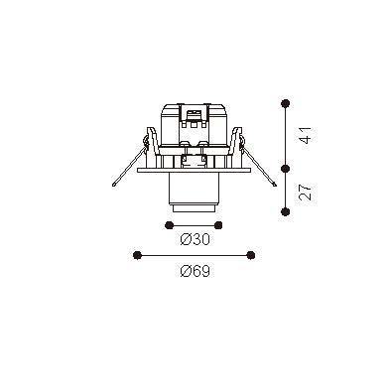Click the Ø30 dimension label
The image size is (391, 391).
click(x=195, y=239)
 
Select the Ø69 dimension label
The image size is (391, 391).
click(x=195, y=271)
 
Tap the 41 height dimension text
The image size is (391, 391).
click(x=305, y=135)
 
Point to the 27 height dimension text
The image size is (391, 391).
click(x=305, y=192)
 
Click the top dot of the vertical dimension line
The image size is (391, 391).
click(x=285, y=103)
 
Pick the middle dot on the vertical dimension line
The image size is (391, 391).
click(x=285, y=169)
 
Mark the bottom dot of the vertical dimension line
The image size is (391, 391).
click(x=285, y=211)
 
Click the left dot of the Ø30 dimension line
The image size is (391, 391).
click(x=169, y=225)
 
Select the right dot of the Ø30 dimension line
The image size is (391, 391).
click(x=218, y=225)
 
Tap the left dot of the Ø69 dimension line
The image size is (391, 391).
click(x=137, y=255)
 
